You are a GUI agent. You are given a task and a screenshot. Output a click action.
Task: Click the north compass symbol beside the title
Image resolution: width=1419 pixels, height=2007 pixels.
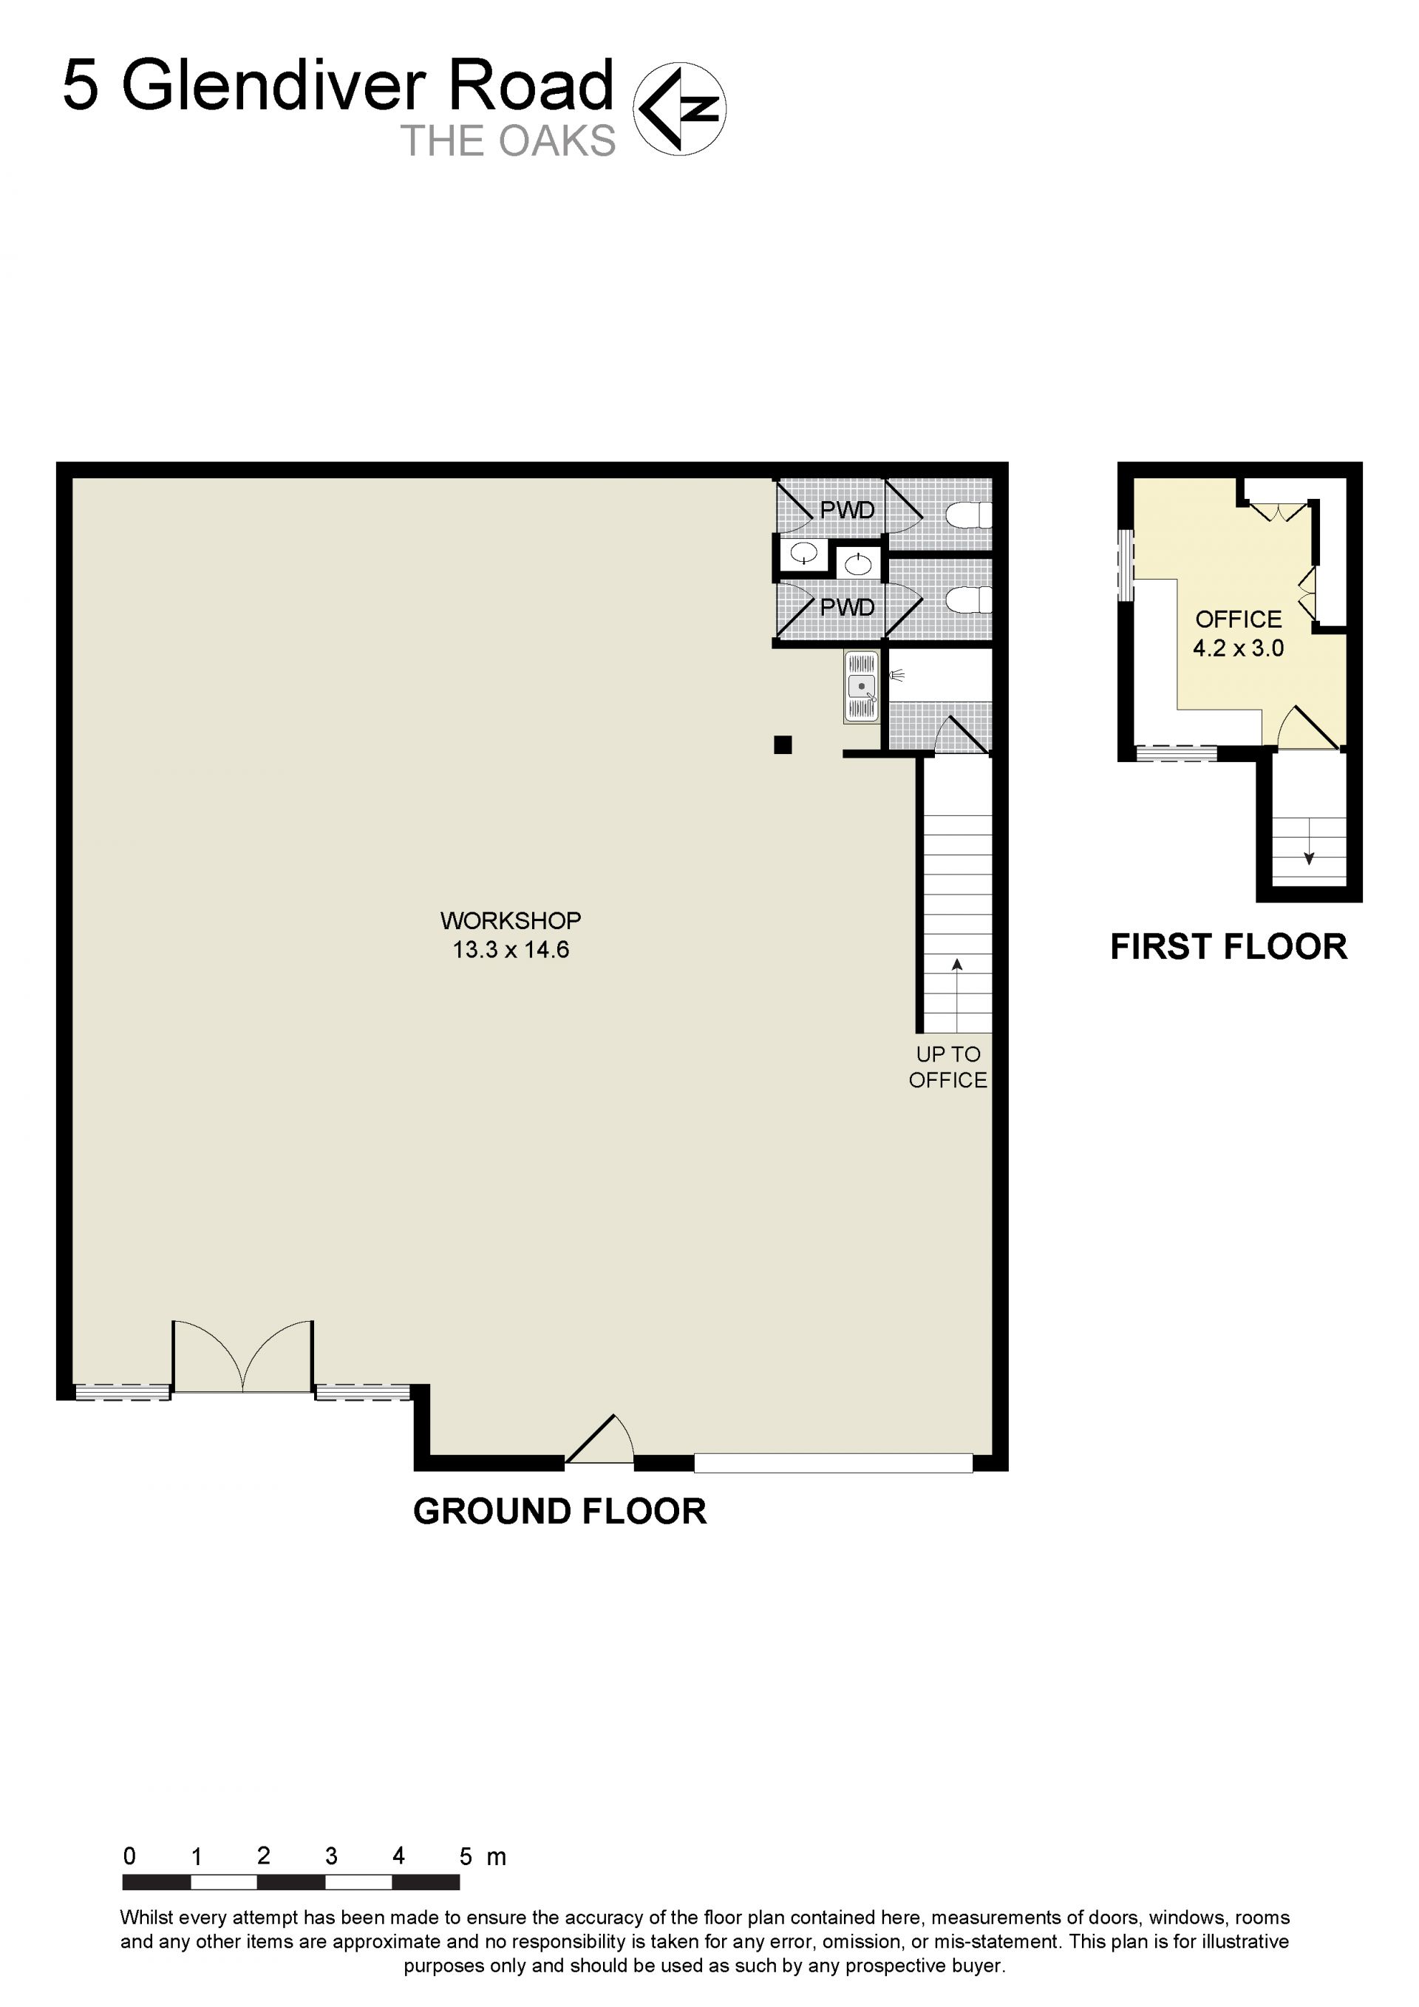click(679, 109)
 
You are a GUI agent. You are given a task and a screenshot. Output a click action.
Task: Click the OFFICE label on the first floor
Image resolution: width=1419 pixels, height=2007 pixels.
click(1238, 619)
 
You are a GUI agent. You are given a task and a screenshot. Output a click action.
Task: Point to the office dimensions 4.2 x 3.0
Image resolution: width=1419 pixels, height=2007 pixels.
click(1238, 648)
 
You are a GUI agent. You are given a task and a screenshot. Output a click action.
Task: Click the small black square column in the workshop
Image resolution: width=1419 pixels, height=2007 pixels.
click(783, 744)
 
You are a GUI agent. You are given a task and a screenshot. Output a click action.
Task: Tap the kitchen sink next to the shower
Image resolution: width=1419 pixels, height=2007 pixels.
click(862, 686)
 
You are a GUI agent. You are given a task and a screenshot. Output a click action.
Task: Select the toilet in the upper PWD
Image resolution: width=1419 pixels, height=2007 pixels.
click(970, 515)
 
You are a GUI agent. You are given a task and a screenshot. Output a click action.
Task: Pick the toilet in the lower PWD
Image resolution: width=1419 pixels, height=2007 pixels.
click(970, 600)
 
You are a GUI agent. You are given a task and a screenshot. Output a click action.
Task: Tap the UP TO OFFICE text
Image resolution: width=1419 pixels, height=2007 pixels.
click(948, 1067)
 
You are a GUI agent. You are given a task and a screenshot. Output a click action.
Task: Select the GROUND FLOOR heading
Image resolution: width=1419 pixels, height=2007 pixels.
click(559, 1512)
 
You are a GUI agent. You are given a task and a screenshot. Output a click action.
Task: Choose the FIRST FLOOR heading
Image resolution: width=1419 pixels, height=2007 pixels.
click(1228, 947)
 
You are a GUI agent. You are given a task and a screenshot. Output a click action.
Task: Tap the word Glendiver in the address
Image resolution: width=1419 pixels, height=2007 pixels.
click(273, 85)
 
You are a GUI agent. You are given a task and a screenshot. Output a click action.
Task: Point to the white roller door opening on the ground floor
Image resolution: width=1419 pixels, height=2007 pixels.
click(834, 1462)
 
